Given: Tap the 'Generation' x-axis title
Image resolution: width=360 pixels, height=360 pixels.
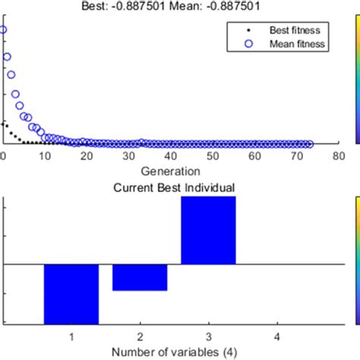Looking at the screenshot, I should [x=170, y=171].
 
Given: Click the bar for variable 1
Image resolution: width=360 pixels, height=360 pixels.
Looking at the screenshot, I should [x=71, y=294].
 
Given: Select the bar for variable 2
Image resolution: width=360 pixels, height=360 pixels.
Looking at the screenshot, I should [x=140, y=278].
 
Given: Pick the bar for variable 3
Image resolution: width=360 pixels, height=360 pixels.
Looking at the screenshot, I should [x=208, y=230].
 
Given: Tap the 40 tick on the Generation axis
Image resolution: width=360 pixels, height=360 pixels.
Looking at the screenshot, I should [x=170, y=156].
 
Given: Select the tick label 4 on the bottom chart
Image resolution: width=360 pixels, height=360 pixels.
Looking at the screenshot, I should [x=276, y=335].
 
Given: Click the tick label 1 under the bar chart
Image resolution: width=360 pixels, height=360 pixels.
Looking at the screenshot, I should [x=71, y=335].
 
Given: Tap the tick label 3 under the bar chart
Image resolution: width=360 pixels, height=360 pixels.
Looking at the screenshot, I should [x=208, y=335].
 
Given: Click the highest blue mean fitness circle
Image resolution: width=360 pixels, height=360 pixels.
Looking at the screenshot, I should [x=2, y=30].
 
